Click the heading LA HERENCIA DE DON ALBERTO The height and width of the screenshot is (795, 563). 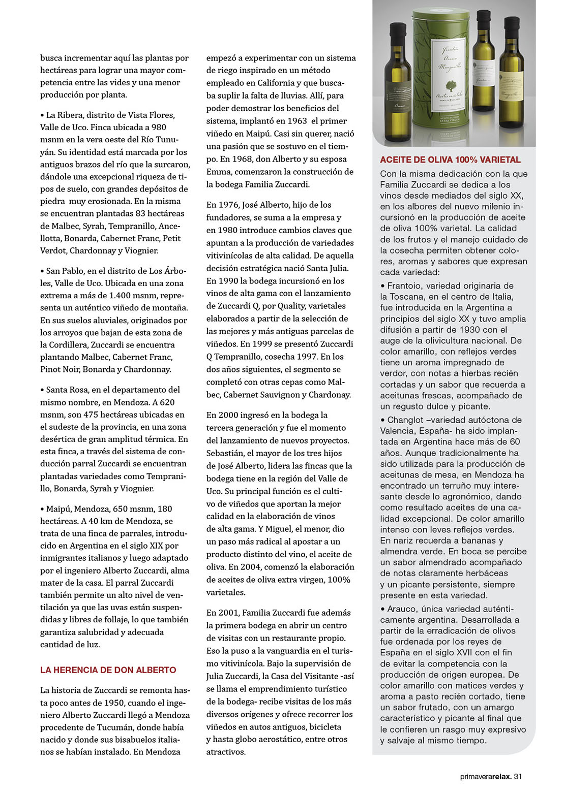108,670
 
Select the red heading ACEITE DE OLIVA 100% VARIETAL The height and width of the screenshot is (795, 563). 450,160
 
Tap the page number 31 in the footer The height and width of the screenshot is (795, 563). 518,776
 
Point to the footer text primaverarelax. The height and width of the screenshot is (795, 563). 486,776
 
